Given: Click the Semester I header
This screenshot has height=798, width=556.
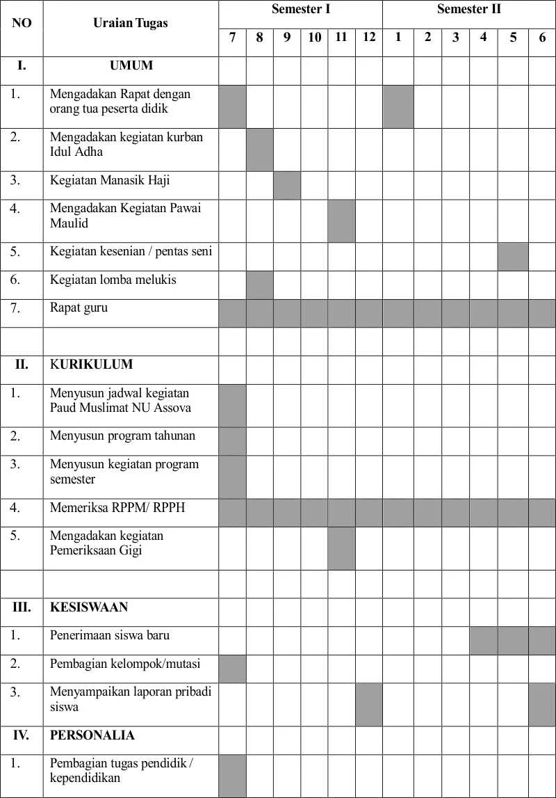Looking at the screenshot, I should pyautogui.click(x=300, y=10).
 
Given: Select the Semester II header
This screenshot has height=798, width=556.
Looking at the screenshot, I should pyautogui.click(x=468, y=10).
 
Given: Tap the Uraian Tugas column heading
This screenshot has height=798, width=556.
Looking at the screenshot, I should pyautogui.click(x=131, y=23).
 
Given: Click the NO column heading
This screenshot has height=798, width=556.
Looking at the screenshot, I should pyautogui.click(x=22, y=23).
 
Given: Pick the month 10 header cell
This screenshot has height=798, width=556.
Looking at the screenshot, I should pyautogui.click(x=314, y=38).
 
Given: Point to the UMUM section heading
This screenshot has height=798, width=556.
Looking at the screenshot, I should pyautogui.click(x=131, y=66).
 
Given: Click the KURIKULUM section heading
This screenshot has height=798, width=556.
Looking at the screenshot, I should pyautogui.click(x=91, y=365).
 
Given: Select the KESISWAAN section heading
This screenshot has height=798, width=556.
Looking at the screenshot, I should pyautogui.click(x=89, y=607).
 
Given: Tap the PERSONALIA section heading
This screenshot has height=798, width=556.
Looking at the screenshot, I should pyautogui.click(x=92, y=735).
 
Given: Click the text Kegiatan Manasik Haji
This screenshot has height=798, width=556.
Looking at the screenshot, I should pyautogui.click(x=110, y=181).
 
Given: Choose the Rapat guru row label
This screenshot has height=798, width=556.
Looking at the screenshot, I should pyautogui.click(x=79, y=308).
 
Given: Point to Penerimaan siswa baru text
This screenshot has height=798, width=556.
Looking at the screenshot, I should pyautogui.click(x=110, y=635).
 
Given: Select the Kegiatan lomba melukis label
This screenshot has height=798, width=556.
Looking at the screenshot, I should pyautogui.click(x=113, y=280).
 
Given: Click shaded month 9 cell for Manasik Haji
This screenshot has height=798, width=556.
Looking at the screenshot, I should pyautogui.click(x=286, y=185).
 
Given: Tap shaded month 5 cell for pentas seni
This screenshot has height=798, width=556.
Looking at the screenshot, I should pyautogui.click(x=513, y=257).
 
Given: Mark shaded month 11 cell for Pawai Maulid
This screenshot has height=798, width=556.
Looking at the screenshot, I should pyautogui.click(x=341, y=221).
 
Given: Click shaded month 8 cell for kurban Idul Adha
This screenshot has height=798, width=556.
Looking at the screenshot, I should pyautogui.click(x=259, y=150).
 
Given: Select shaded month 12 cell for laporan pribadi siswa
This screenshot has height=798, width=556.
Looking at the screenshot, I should pyautogui.click(x=368, y=704).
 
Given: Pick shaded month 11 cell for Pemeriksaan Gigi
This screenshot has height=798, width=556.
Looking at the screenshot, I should pyautogui.click(x=341, y=548).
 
